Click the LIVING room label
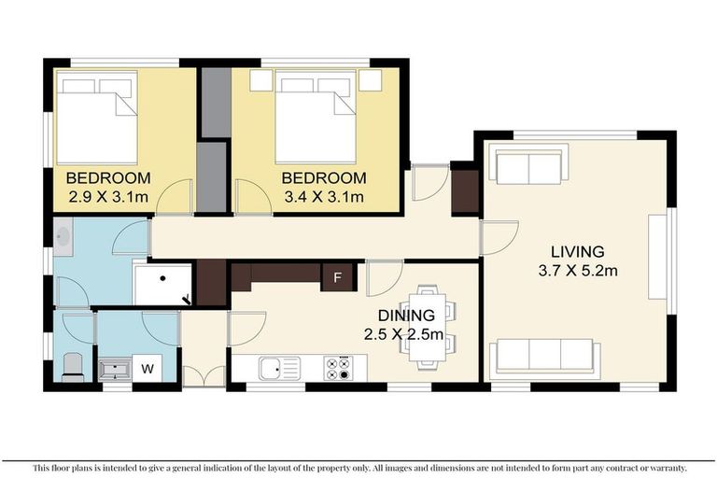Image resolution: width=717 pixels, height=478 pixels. click(578, 251)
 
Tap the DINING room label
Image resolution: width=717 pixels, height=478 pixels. click(406, 316)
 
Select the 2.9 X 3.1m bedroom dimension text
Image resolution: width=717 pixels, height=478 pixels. click(108, 197)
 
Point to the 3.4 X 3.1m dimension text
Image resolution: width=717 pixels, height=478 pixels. click(324, 197)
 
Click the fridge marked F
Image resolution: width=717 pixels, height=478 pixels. click(337, 277)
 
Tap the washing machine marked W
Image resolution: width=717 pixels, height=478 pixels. click(148, 368)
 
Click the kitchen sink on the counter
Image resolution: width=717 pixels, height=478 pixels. click(279, 368)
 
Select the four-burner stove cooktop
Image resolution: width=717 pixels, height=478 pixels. click(339, 368)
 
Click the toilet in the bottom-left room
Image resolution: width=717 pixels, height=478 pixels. click(73, 367)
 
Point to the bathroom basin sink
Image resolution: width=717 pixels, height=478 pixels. click(63, 237)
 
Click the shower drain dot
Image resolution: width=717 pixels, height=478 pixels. click(162, 277)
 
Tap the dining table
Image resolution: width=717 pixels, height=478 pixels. click(428, 326)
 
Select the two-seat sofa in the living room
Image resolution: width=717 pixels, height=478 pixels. click(528, 162)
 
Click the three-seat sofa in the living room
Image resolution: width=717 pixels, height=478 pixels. click(544, 359)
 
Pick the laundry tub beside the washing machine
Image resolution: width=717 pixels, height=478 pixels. click(115, 370)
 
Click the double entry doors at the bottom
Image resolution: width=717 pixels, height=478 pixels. click(204, 374)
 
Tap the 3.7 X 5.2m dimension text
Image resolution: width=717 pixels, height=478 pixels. click(578, 271)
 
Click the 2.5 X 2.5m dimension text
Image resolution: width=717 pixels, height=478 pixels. click(403, 334)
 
